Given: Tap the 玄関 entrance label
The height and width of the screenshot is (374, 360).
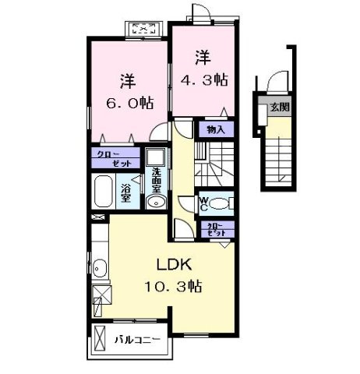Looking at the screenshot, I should pos(277,108).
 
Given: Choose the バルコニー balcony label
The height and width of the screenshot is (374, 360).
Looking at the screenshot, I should pos(138,340).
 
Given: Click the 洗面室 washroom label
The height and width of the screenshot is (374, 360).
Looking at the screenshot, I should pos(156,181).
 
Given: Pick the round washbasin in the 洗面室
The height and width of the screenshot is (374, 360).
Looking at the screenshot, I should pos(154,203).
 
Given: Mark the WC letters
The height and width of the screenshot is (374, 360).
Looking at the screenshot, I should pos(202,205).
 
